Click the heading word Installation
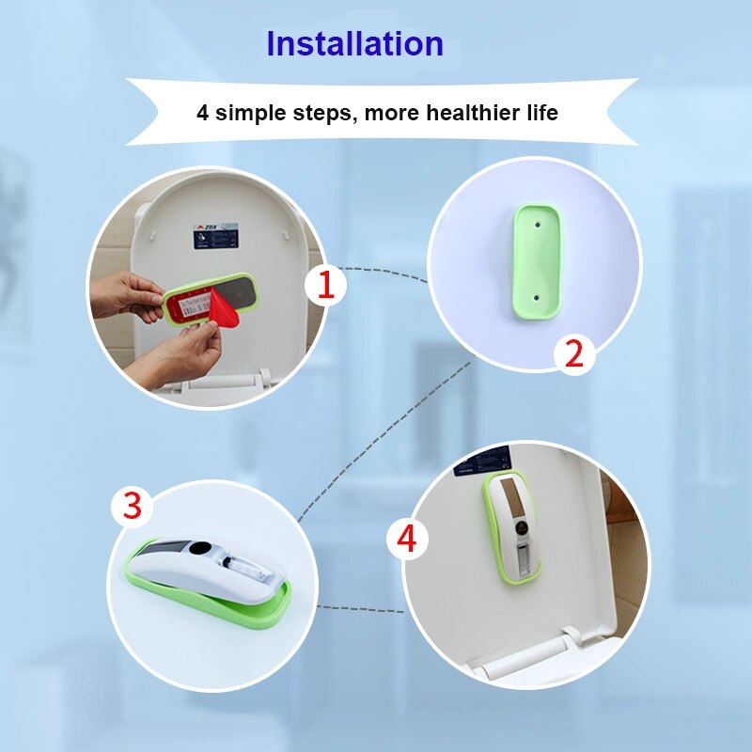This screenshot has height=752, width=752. pyautogui.click(x=354, y=44)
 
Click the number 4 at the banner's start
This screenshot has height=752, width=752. pyautogui.click(x=202, y=113)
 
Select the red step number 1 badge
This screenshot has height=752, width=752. pyautogui.click(x=325, y=284)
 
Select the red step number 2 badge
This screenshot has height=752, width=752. pyautogui.click(x=573, y=353)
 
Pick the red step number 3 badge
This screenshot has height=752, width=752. pyautogui.click(x=133, y=507)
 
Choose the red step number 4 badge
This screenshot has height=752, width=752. pyautogui.click(x=407, y=539)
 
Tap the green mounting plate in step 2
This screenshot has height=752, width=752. pyautogui.click(x=533, y=259)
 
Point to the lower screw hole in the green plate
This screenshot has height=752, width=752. pyautogui.click(x=533, y=293)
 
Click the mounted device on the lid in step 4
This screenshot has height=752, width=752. pyautogui.click(x=511, y=532)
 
